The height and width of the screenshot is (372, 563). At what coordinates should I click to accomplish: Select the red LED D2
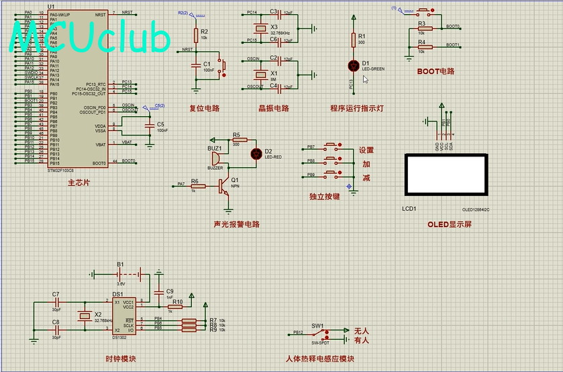click(256, 153)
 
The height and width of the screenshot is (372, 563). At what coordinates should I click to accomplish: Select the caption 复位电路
click(204, 108)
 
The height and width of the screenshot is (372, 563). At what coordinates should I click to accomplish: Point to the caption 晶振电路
click(273, 108)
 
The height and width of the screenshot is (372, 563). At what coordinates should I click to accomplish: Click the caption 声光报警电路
click(236, 224)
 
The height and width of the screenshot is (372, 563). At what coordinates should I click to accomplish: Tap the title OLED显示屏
click(449, 224)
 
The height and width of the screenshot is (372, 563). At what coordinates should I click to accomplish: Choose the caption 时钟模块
click(121, 359)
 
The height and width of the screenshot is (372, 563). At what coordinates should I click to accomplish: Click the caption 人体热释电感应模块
click(319, 359)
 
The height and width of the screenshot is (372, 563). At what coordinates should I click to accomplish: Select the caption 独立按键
click(324, 197)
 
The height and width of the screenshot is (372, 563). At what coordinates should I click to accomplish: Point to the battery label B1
click(120, 265)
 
